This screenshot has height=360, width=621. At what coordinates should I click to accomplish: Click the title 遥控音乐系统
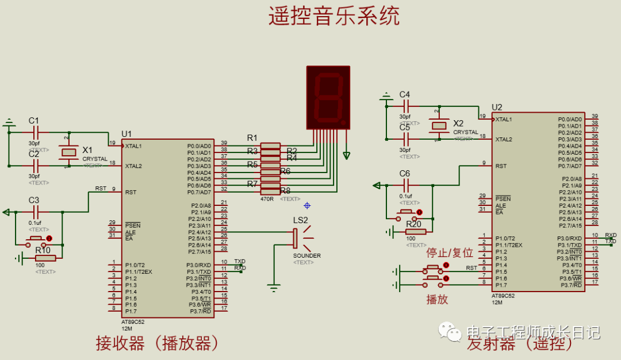pyautogui.click(x=333, y=16)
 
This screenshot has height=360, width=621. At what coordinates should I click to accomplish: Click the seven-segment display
pyautogui.click(x=328, y=97)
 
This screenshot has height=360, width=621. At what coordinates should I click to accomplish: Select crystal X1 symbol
pyautogui.click(x=70, y=152)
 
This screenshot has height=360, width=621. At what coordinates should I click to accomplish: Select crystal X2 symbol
pyautogui.click(x=440, y=125)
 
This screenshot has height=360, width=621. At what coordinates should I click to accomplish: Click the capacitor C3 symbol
pyautogui.click(x=34, y=212)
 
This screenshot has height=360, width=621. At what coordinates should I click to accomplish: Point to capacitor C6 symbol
pyautogui.click(x=405, y=185)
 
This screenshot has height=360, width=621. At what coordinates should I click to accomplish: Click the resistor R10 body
pyautogui.click(x=45, y=258)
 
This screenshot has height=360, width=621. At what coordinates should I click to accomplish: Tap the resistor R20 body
pyautogui.click(x=416, y=232)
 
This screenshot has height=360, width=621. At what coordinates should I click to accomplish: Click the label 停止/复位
pyautogui.click(x=449, y=253)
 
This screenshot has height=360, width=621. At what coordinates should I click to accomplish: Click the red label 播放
pyautogui.click(x=437, y=299)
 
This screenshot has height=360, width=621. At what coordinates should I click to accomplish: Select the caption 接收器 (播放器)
pyautogui.click(x=159, y=344)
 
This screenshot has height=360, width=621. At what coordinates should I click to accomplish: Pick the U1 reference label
pyautogui.click(x=126, y=134)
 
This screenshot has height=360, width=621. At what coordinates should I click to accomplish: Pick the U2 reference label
pyautogui.click(x=497, y=107)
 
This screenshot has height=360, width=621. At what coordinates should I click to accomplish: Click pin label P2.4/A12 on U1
pyautogui.click(x=200, y=232)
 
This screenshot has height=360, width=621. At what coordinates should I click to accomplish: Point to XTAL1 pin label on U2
pyautogui.click(x=504, y=119)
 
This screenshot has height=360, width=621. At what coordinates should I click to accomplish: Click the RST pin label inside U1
pyautogui.click(x=131, y=192)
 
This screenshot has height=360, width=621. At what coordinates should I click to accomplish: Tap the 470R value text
pyautogui.click(x=267, y=198)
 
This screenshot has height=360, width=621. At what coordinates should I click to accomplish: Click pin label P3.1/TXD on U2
pyautogui.click(x=570, y=245)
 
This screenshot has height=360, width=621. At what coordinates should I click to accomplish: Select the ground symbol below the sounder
pyautogui.click(x=274, y=286)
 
